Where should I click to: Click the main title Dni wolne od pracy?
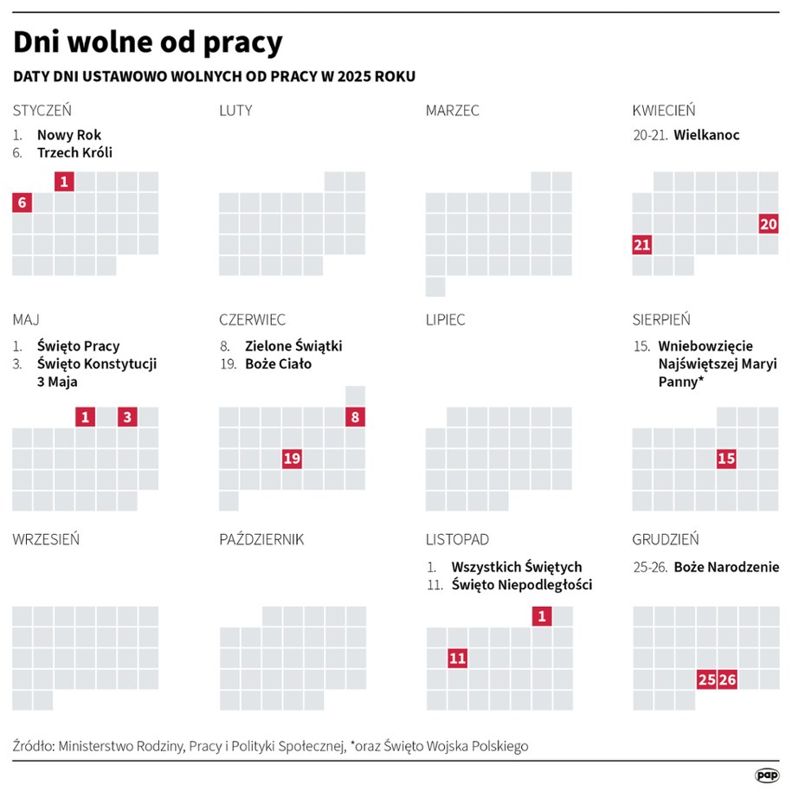(x=147, y=42)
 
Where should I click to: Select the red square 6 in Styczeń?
(x=23, y=203)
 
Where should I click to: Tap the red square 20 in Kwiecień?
(x=768, y=223)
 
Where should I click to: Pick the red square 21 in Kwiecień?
(x=641, y=245)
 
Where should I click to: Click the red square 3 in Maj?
(x=127, y=417)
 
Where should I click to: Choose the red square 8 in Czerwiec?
(x=355, y=417)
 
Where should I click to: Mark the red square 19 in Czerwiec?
(x=292, y=459)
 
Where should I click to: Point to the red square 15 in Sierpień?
(x=726, y=459)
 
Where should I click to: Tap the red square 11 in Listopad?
(x=457, y=659)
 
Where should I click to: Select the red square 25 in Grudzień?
(x=706, y=679)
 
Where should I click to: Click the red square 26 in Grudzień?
(x=727, y=679)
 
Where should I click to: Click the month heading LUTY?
(x=235, y=111)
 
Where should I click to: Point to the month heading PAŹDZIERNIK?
(x=261, y=539)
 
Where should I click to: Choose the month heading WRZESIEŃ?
(x=46, y=539)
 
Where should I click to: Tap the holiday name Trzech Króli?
(x=74, y=152)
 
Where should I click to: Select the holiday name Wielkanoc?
(x=706, y=135)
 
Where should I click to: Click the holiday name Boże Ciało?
(x=278, y=363)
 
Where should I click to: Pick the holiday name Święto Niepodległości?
(x=521, y=585)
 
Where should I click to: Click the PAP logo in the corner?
(x=766, y=775)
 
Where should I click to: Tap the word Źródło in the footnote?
(x=33, y=745)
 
